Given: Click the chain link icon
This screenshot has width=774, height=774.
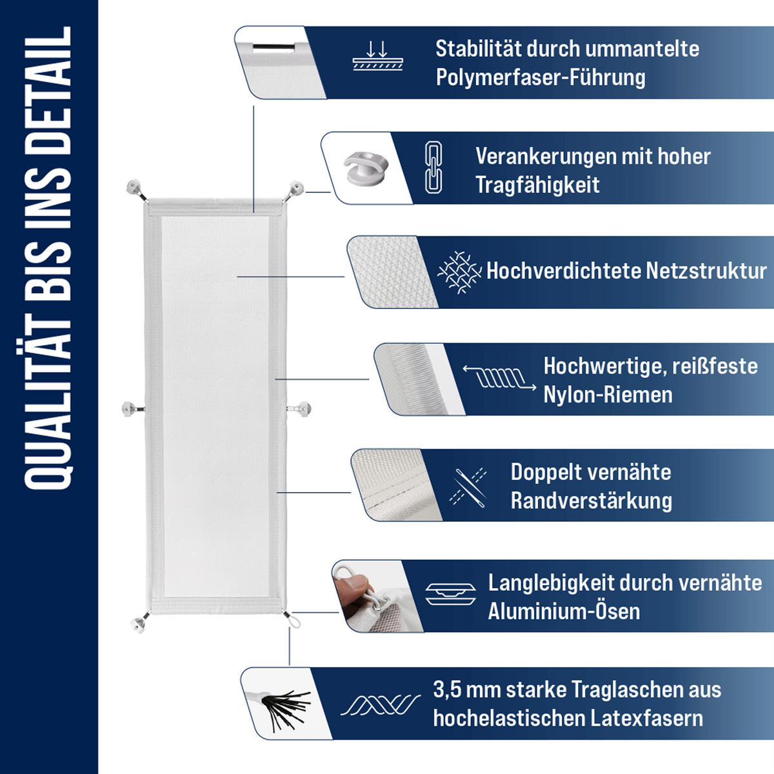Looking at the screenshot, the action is tap(433, 168).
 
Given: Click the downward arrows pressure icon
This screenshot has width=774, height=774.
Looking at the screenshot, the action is tap(377, 56).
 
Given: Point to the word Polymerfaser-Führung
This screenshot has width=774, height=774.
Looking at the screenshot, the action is tap(541, 77).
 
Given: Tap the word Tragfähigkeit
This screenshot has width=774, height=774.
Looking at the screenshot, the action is tap(537, 184).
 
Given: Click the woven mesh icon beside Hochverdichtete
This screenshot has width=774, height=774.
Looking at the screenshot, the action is tap(459, 272).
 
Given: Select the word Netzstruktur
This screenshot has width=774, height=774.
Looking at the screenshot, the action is tap(706, 271).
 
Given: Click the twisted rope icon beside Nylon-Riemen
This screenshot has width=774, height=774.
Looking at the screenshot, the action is tap(499, 378).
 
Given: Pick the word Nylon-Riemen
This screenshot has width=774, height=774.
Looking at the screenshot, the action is tap(608, 395).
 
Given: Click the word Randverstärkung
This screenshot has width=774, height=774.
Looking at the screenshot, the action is tap(591, 501).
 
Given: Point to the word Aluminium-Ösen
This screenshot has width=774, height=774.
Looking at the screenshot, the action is tap(564, 611).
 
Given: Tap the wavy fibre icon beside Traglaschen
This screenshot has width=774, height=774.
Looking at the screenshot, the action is tap(381, 705).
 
